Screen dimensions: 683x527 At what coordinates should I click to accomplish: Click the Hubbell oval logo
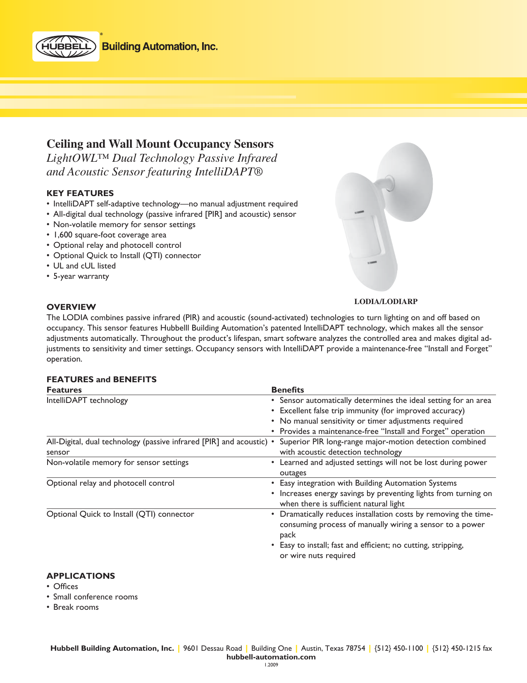pos(66,46)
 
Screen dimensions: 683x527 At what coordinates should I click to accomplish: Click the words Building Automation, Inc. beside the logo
pos(160,46)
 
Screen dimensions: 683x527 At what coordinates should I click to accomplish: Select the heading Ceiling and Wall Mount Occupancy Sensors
pos(160,144)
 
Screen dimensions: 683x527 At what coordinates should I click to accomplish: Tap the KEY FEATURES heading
pos(80,193)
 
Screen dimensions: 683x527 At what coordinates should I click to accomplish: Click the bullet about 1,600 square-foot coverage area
pos(110,235)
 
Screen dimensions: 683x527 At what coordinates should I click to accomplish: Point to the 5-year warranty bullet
pos(81,276)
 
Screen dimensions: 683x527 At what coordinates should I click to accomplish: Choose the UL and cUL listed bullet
pos(84,266)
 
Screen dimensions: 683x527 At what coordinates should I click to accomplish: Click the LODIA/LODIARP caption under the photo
pos(386,302)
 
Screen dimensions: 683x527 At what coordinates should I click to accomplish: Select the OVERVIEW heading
pos(71,307)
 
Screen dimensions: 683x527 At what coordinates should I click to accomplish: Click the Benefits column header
pos(288,390)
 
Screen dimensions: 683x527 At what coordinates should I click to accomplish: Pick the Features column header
pos(64,390)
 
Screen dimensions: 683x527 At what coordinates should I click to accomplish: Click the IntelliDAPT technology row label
pos(87,400)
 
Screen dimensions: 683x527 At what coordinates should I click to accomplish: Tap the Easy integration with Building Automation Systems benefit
pos(368,483)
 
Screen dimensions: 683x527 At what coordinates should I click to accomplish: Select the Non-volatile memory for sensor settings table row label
pos(117,463)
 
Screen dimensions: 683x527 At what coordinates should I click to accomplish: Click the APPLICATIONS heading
pos(81,576)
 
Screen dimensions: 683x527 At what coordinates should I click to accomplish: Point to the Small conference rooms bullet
pos(95,597)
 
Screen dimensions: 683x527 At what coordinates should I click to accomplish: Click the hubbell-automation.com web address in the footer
pos(271,657)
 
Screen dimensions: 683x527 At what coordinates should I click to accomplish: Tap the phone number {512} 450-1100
pos(398,648)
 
